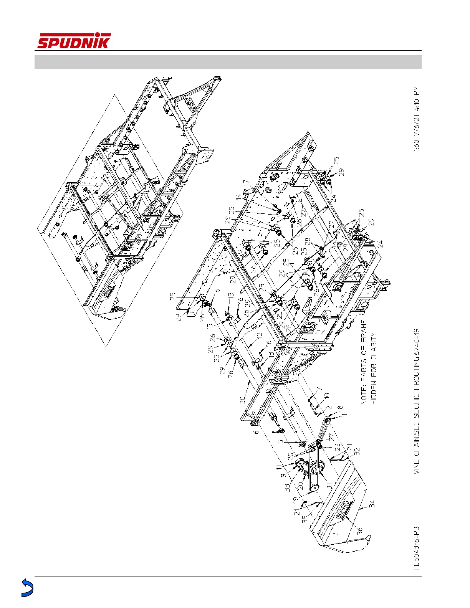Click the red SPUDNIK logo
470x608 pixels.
(74, 41)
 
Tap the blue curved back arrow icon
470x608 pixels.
(26, 588)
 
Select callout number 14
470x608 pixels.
(239, 198)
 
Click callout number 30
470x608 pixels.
(243, 400)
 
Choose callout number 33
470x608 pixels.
(287, 487)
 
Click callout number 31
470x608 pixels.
(329, 485)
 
